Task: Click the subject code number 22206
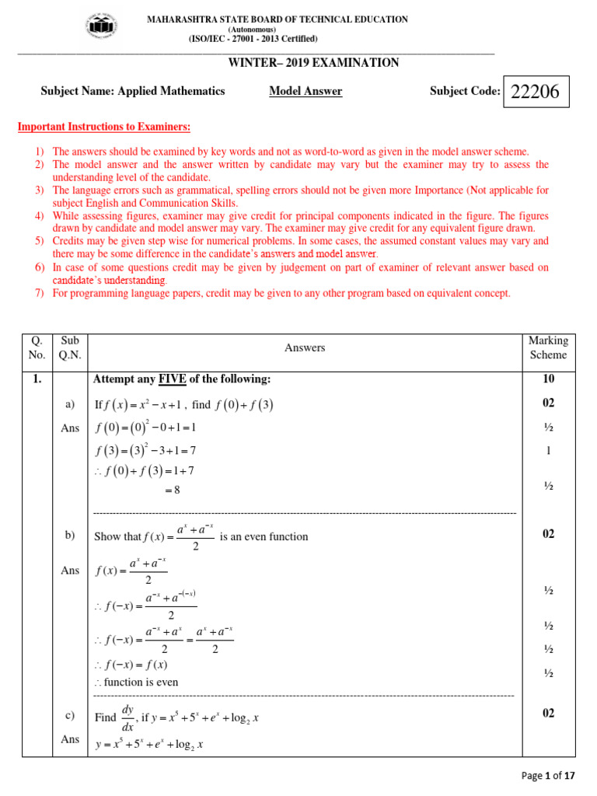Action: point(536,93)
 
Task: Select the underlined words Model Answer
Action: point(305,92)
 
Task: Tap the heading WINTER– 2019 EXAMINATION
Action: point(313,63)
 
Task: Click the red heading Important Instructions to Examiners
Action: point(103,127)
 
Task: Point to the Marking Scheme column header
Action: point(548,347)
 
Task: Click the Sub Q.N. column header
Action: point(70,347)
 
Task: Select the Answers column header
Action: point(305,348)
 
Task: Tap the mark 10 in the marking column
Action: point(548,379)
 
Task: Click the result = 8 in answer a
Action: point(172,490)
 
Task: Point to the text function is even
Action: point(141,682)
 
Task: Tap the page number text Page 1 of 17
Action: point(549,775)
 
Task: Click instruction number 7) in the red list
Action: point(40,293)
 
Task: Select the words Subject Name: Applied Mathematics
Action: point(132,92)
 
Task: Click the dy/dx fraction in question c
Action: point(128,718)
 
